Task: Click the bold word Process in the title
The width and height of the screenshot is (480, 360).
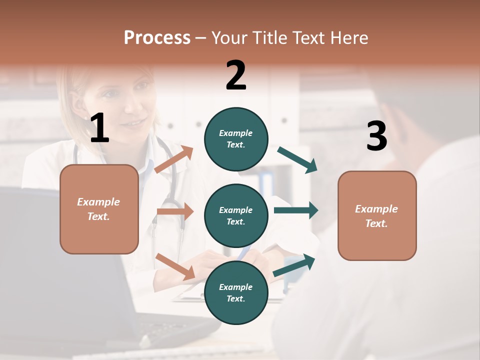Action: (x=157, y=37)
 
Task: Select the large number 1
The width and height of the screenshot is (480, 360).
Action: (x=99, y=128)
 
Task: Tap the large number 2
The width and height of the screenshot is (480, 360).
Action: (x=236, y=75)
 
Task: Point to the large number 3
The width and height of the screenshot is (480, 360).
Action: (x=376, y=136)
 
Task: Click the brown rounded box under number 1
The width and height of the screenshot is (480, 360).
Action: (x=99, y=209)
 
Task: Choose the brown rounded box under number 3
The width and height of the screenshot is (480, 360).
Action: (x=377, y=215)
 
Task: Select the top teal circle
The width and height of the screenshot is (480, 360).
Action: (x=236, y=139)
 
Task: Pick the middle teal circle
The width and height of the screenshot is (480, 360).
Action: (x=236, y=215)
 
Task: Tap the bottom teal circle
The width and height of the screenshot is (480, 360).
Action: (x=236, y=292)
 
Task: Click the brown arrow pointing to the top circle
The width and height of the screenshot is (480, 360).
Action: (x=174, y=159)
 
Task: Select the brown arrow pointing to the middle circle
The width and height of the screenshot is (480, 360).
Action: (x=175, y=211)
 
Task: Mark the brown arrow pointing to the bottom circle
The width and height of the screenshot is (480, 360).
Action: (x=175, y=266)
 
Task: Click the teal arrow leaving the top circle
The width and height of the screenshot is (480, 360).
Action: (x=297, y=160)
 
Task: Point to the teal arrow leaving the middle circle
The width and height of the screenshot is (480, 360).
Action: (x=296, y=210)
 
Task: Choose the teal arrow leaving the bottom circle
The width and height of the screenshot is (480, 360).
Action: (x=294, y=265)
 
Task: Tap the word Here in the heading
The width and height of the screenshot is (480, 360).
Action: (x=349, y=37)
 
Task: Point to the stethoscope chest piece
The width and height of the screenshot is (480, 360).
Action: (x=172, y=205)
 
